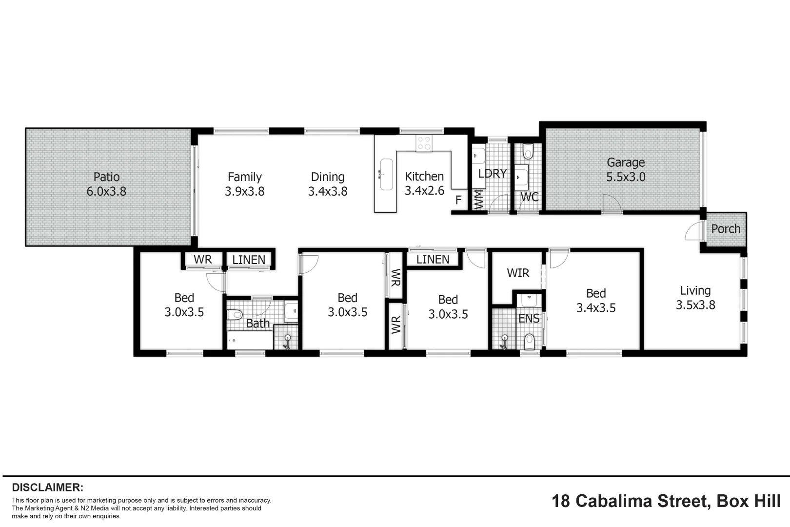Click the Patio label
tap(106, 177)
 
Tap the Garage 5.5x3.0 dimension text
tap(626, 177)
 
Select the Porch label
tap(726, 229)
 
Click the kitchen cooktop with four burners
tap(424, 142)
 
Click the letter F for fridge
tap(458, 200)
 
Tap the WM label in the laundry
tap(479, 200)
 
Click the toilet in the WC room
tap(528, 152)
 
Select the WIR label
tap(518, 273)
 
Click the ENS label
tap(529, 319)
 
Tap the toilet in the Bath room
tap(235, 314)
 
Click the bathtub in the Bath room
tap(250, 340)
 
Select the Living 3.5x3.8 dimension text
tap(695, 305)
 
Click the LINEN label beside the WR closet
tap(249, 260)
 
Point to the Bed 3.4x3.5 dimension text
tap(596, 308)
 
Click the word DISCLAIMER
tap(48, 487)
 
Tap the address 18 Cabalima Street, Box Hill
tap(666, 501)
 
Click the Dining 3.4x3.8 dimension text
tap(328, 191)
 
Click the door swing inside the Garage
tap(612, 203)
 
